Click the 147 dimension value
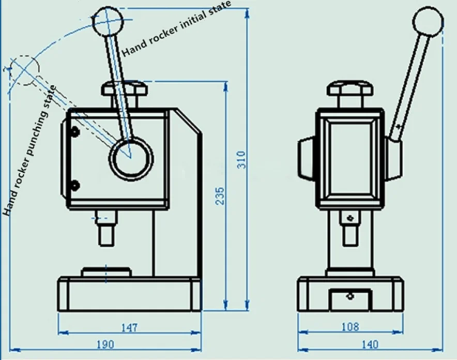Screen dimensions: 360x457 point(129,327)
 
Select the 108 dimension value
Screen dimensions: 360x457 point(350,327)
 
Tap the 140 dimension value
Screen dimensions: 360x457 point(370,343)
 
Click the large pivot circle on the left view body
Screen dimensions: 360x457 point(130,157)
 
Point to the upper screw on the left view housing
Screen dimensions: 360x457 point(75,132)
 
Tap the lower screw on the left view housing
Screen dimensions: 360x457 point(75,185)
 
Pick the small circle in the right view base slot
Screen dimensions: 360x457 point(350,296)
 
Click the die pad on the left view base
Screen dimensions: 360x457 point(106,272)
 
